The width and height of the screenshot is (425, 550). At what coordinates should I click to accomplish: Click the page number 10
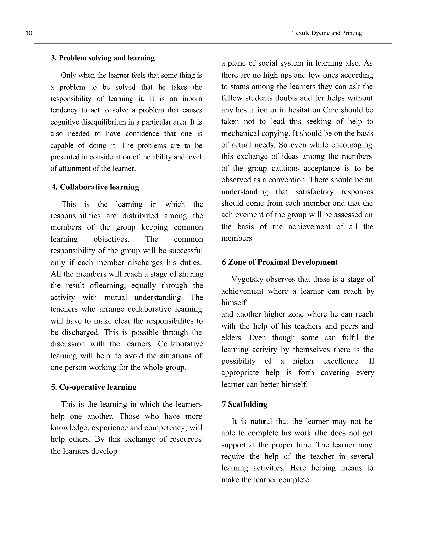pos(29,33)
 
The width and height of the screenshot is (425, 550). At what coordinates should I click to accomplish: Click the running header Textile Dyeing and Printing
pos(327,33)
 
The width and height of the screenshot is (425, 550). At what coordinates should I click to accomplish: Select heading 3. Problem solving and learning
pos(103,58)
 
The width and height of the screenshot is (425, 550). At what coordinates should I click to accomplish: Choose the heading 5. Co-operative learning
pos(94,387)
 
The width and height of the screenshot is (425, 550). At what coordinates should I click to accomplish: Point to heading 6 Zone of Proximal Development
pos(280,262)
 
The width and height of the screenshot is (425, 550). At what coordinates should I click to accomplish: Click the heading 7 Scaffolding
pos(244,404)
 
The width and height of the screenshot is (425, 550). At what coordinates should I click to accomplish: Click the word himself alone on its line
pos(234,302)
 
